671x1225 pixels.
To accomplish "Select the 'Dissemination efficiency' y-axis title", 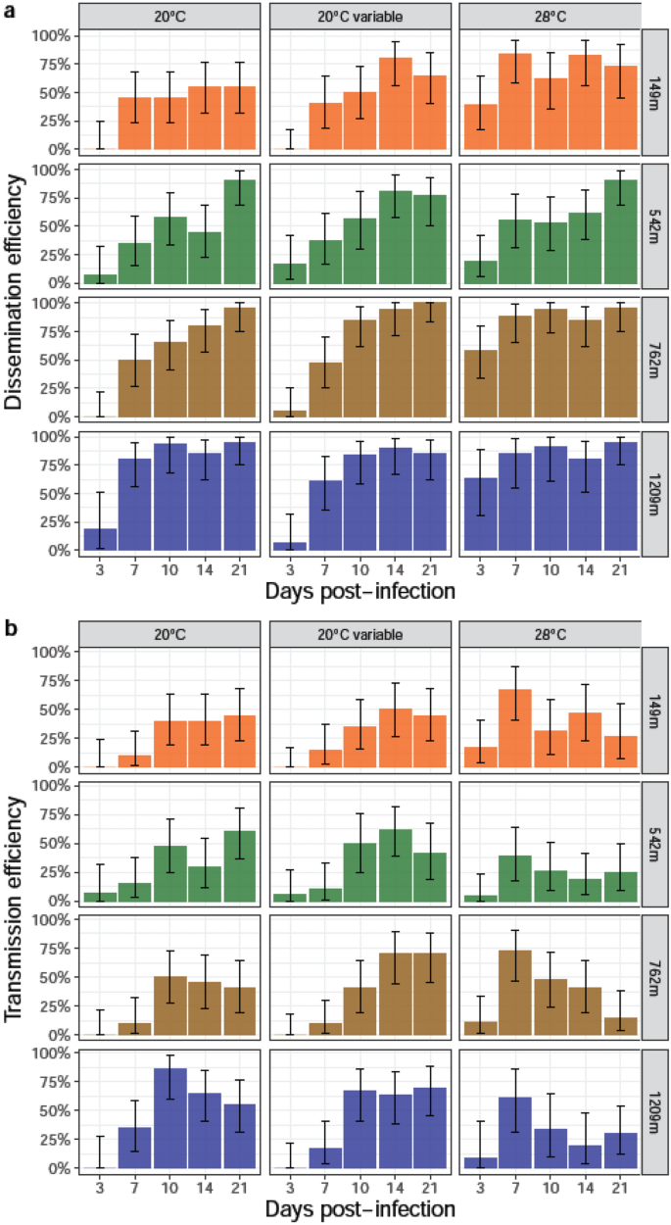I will pyautogui.click(x=17, y=294).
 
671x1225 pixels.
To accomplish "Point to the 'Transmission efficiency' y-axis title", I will pyautogui.click(x=17, y=911).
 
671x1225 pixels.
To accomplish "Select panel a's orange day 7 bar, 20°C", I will pyautogui.click(x=135, y=123).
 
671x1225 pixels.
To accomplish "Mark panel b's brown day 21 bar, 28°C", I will pyautogui.click(x=619, y=1026).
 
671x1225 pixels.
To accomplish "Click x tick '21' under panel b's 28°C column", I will pyautogui.click(x=619, y=1186).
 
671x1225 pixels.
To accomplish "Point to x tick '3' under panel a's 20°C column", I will pyautogui.click(x=100, y=569).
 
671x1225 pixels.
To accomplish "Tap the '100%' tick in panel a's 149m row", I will pyautogui.click(x=52, y=35).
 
